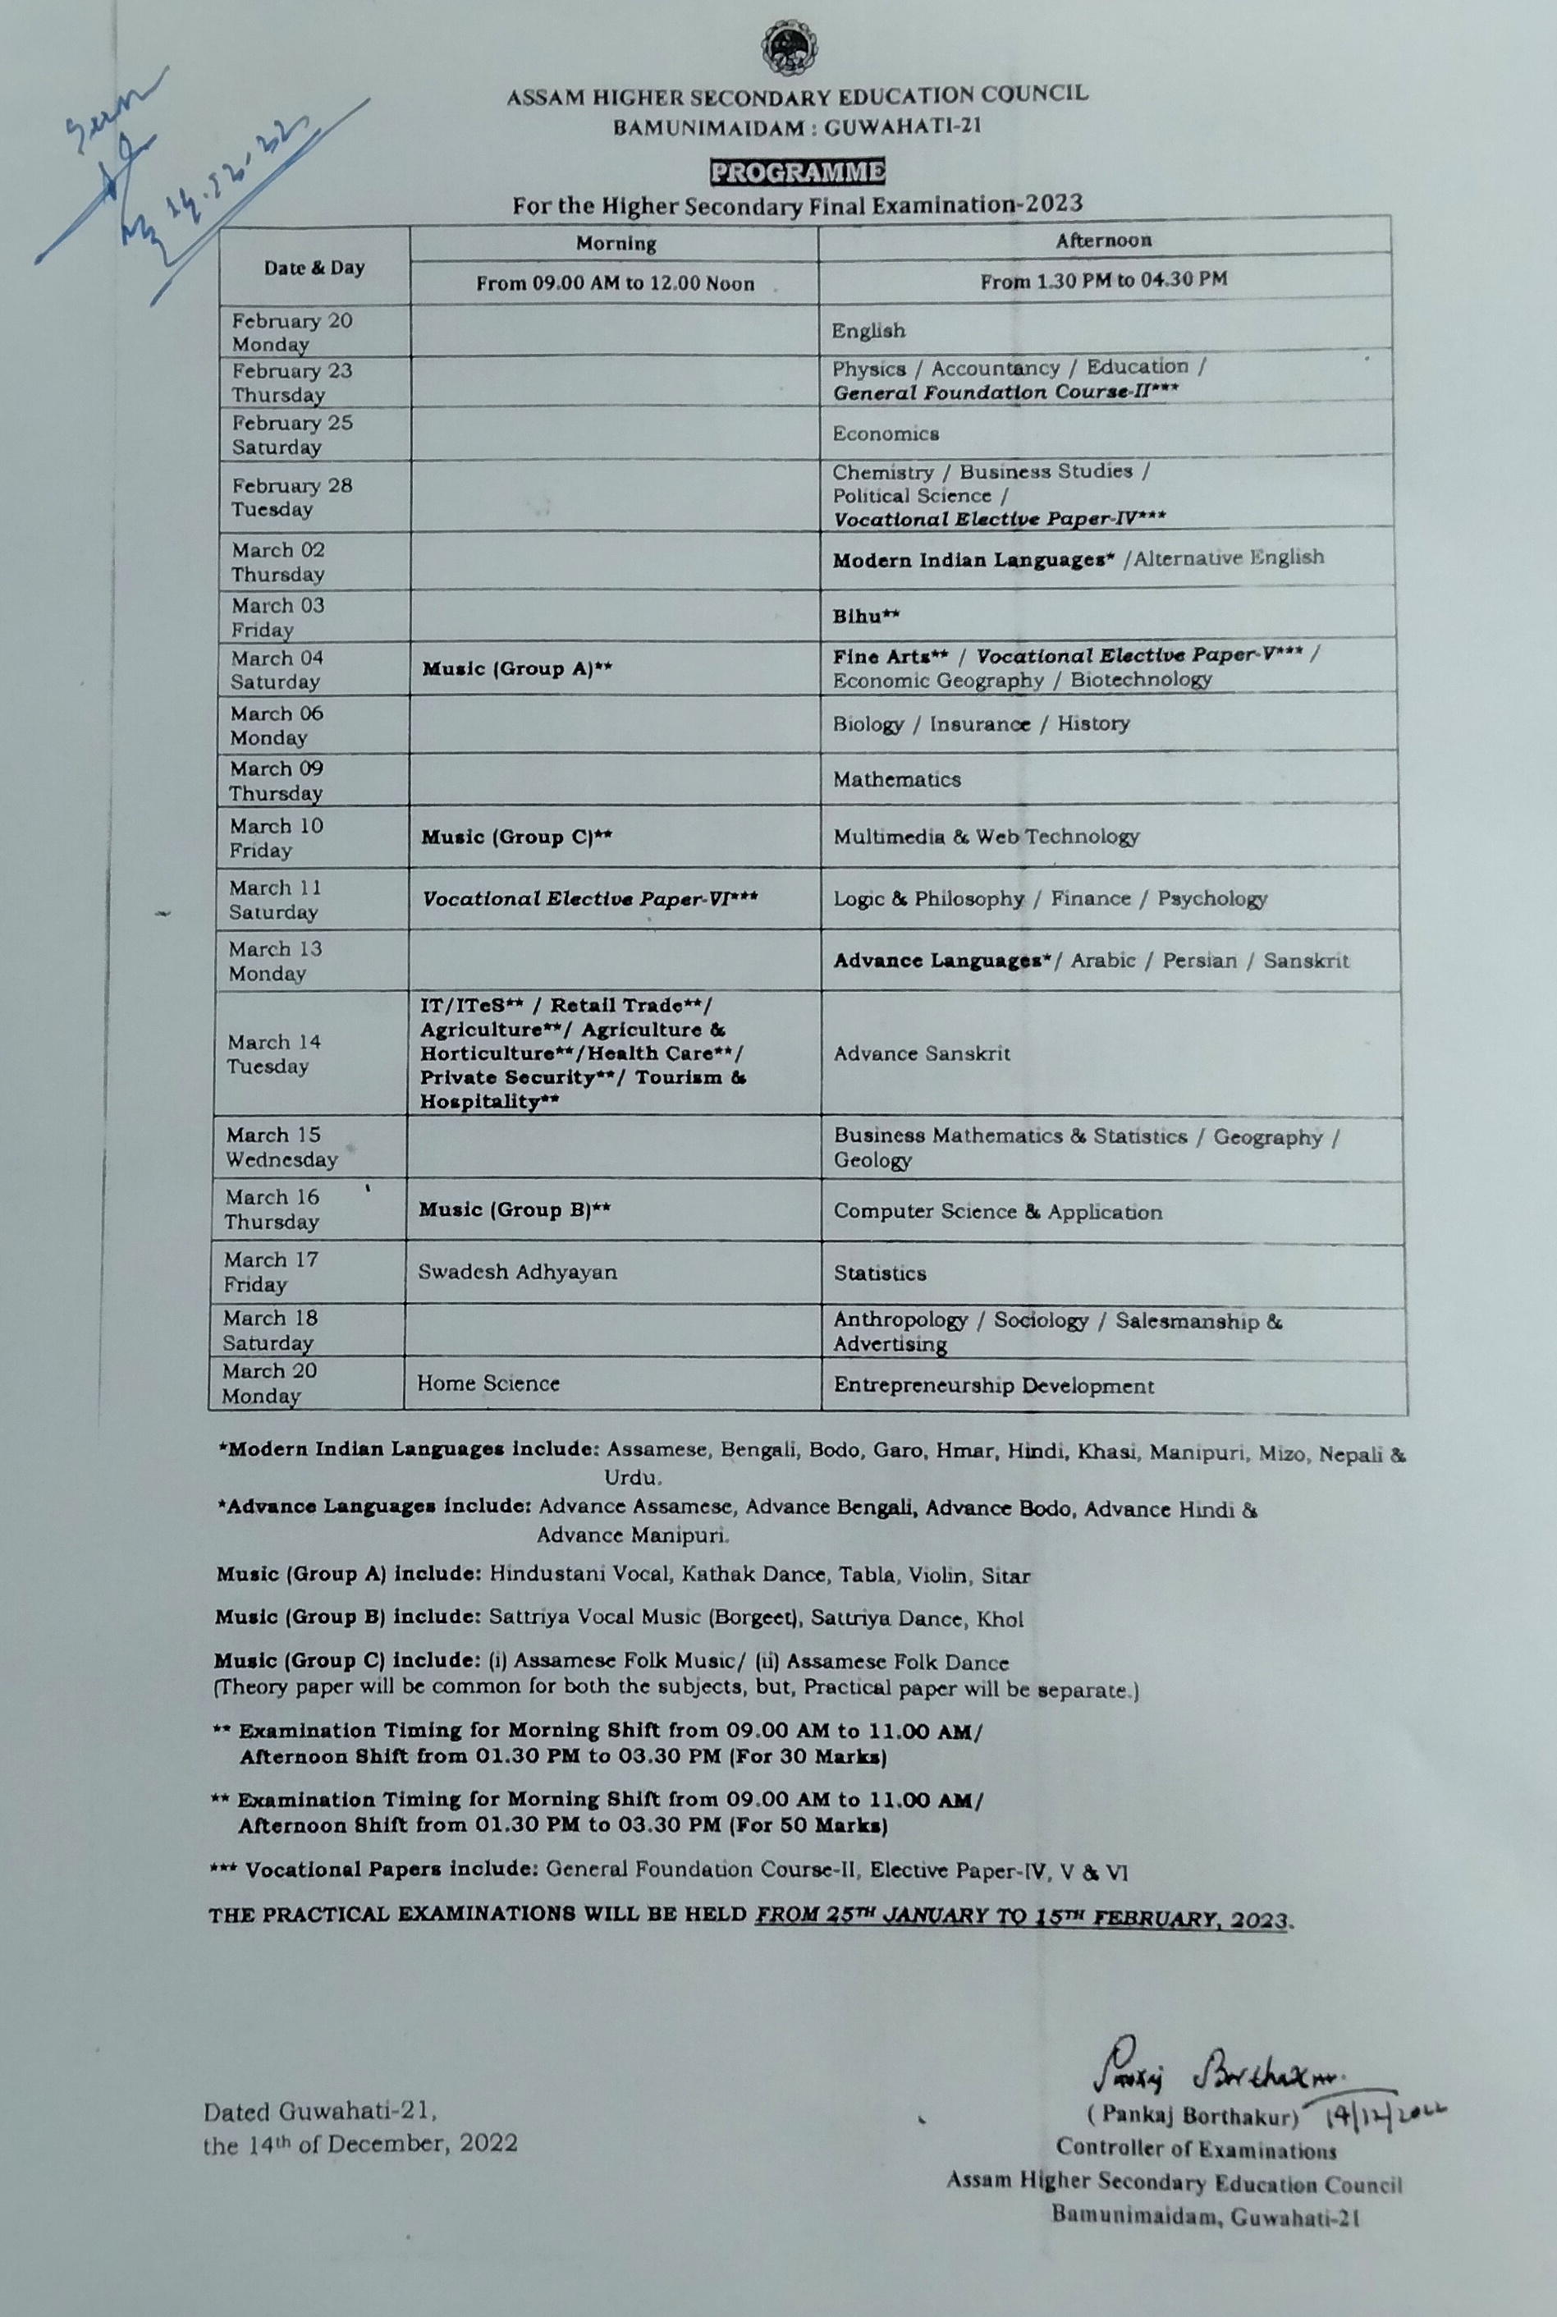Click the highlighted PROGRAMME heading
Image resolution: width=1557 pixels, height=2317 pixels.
click(796, 172)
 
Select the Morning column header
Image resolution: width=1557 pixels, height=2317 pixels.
click(616, 243)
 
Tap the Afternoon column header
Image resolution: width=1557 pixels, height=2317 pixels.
click(1103, 241)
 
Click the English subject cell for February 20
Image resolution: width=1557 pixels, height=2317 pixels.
click(868, 331)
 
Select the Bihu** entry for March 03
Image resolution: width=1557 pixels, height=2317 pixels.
click(866, 616)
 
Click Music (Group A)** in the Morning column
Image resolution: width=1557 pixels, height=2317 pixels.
click(515, 669)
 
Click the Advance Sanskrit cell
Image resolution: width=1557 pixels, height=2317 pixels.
click(922, 1053)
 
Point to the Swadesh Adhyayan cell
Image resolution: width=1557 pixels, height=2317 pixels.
click(516, 1272)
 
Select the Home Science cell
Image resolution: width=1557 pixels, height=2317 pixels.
click(488, 1383)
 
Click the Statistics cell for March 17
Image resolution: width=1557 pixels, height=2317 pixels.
click(879, 1273)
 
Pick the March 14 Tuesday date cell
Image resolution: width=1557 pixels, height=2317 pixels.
click(273, 1053)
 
